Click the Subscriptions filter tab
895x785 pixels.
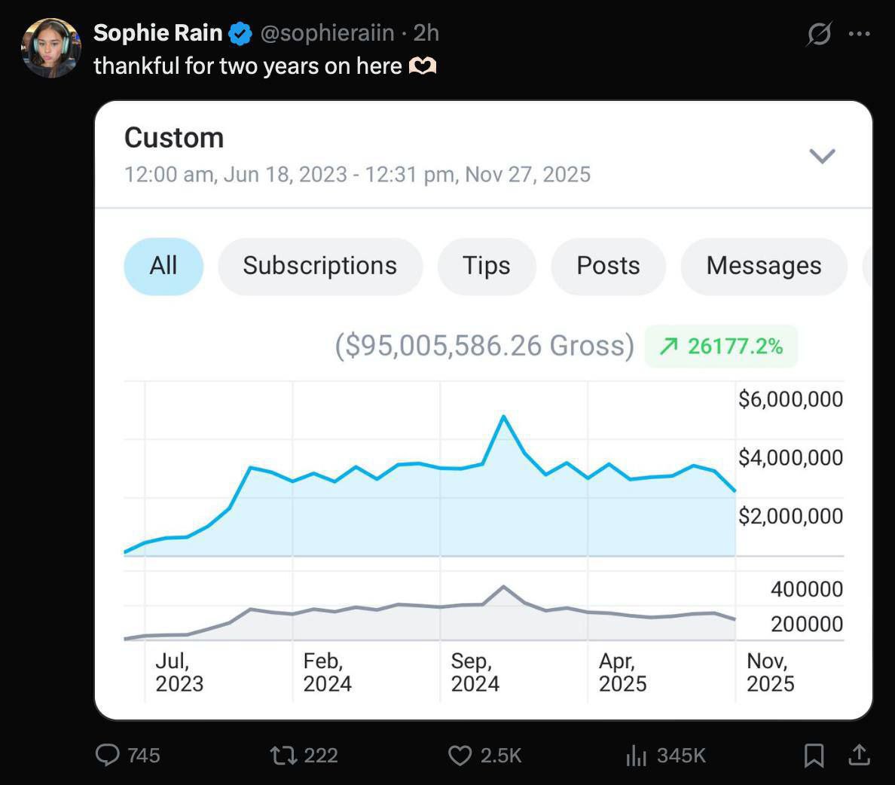[319, 266]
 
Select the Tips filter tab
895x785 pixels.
[486, 266]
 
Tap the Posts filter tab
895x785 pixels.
[608, 266]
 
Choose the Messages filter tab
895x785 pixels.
[763, 266]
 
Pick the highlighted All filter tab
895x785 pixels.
[163, 266]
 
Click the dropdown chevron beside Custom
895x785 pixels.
[822, 156]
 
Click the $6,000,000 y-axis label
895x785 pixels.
[790, 399]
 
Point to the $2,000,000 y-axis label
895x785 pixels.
[790, 516]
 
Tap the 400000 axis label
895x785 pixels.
[806, 589]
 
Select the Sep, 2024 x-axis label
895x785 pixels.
[475, 672]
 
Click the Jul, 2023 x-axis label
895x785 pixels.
[179, 672]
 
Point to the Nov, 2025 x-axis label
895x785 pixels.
[770, 672]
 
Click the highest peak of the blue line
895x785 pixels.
[503, 416]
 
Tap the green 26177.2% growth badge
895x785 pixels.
[721, 346]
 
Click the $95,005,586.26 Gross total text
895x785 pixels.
[484, 346]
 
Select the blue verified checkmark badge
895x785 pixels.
[240, 33]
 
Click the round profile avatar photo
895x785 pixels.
[51, 48]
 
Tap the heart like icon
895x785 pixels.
[460, 756]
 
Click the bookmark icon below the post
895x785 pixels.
[814, 756]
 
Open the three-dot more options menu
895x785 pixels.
[860, 34]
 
